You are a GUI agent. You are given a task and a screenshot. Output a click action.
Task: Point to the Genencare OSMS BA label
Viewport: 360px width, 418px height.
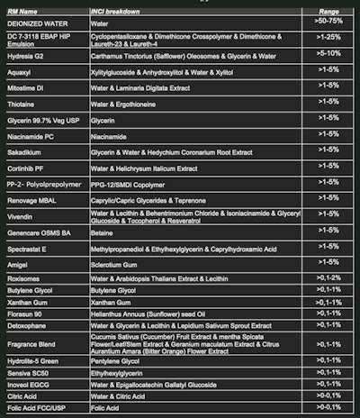click(37, 231)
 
